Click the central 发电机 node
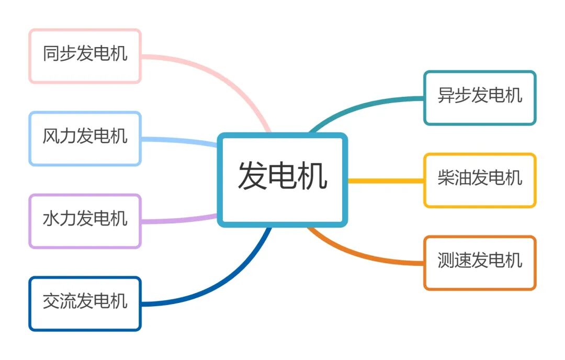coord(282,179)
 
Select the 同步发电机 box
coord(85,55)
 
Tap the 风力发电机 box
coord(85,138)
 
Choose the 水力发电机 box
coord(85,221)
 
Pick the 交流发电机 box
coord(85,303)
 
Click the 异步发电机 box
coord(480,98)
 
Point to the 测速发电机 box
coord(480,263)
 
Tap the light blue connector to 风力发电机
coord(178,140)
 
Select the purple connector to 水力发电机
coord(178,220)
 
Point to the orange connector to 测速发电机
coord(366,255)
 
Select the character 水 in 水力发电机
coord(51,219)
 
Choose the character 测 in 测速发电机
coord(446,261)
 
